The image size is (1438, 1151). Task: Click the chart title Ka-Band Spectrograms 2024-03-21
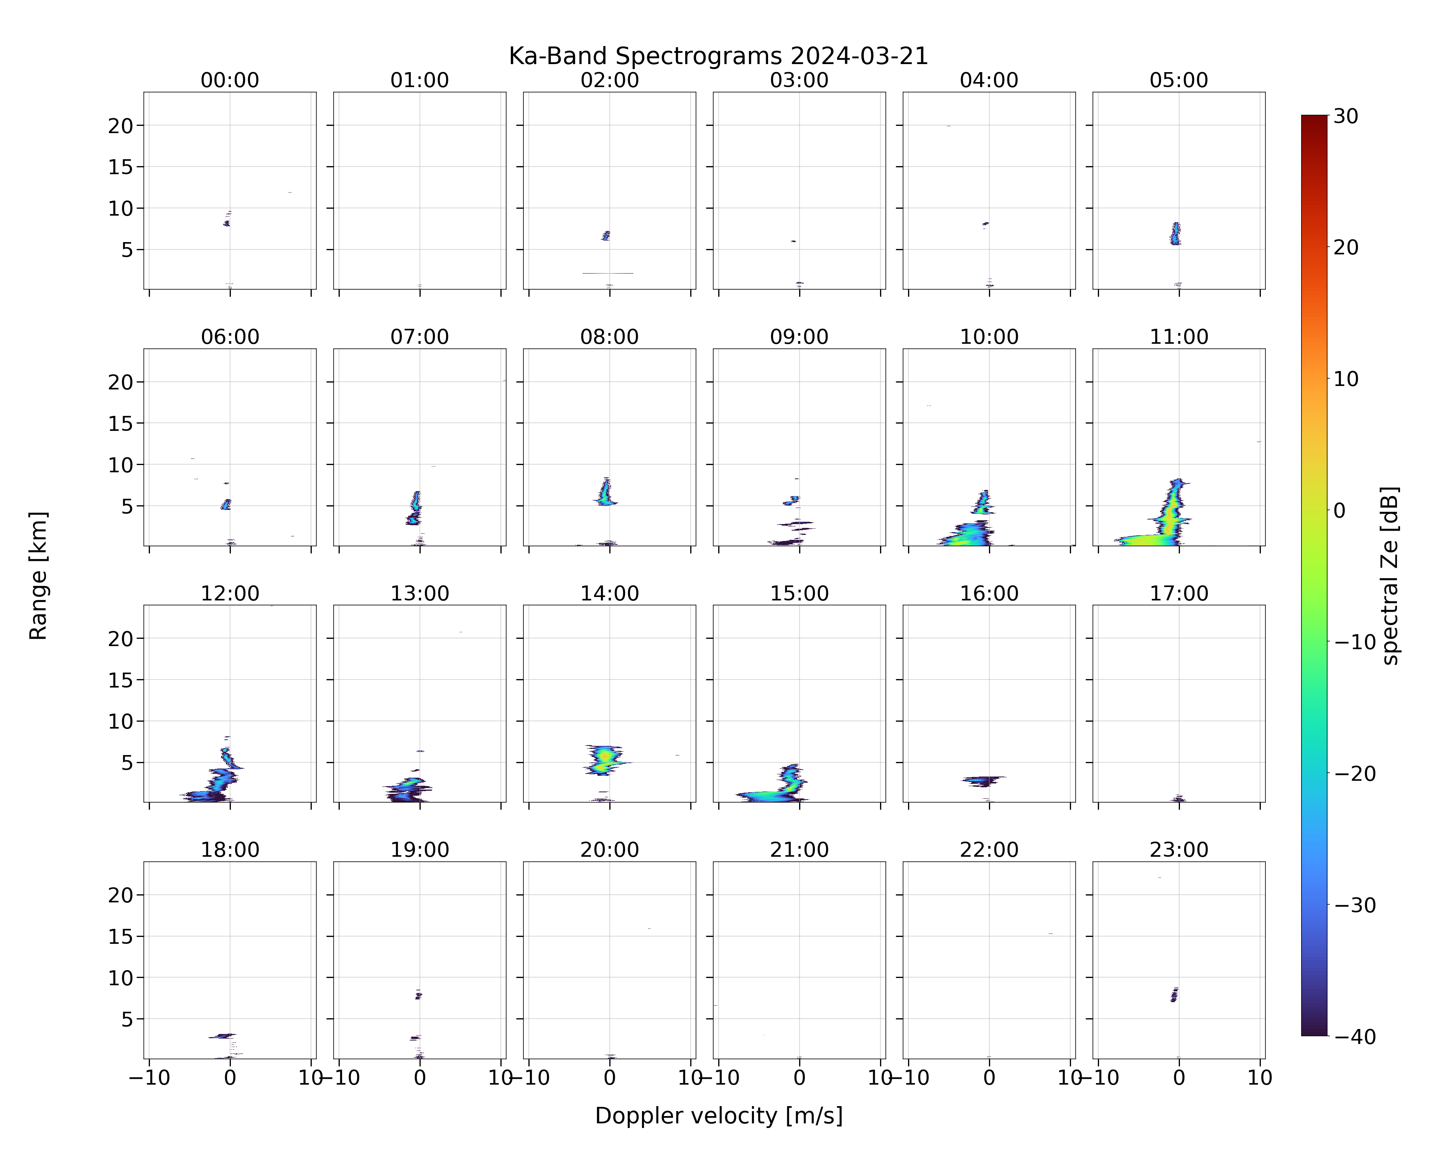coord(718,56)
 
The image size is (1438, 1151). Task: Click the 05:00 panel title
coord(1178,80)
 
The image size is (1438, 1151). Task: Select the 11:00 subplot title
coord(1178,337)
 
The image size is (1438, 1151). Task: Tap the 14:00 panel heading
coord(610,593)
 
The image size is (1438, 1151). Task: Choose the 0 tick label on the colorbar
coord(1340,510)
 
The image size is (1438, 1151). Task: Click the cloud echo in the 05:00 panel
coord(1175,234)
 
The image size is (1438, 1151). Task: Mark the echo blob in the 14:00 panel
coord(605,759)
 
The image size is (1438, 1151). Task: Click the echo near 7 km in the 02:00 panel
coord(605,236)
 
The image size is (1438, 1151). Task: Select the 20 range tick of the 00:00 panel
coord(121,125)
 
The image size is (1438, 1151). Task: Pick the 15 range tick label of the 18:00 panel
coord(121,936)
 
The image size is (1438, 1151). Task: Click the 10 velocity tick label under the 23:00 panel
coord(1260,1078)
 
